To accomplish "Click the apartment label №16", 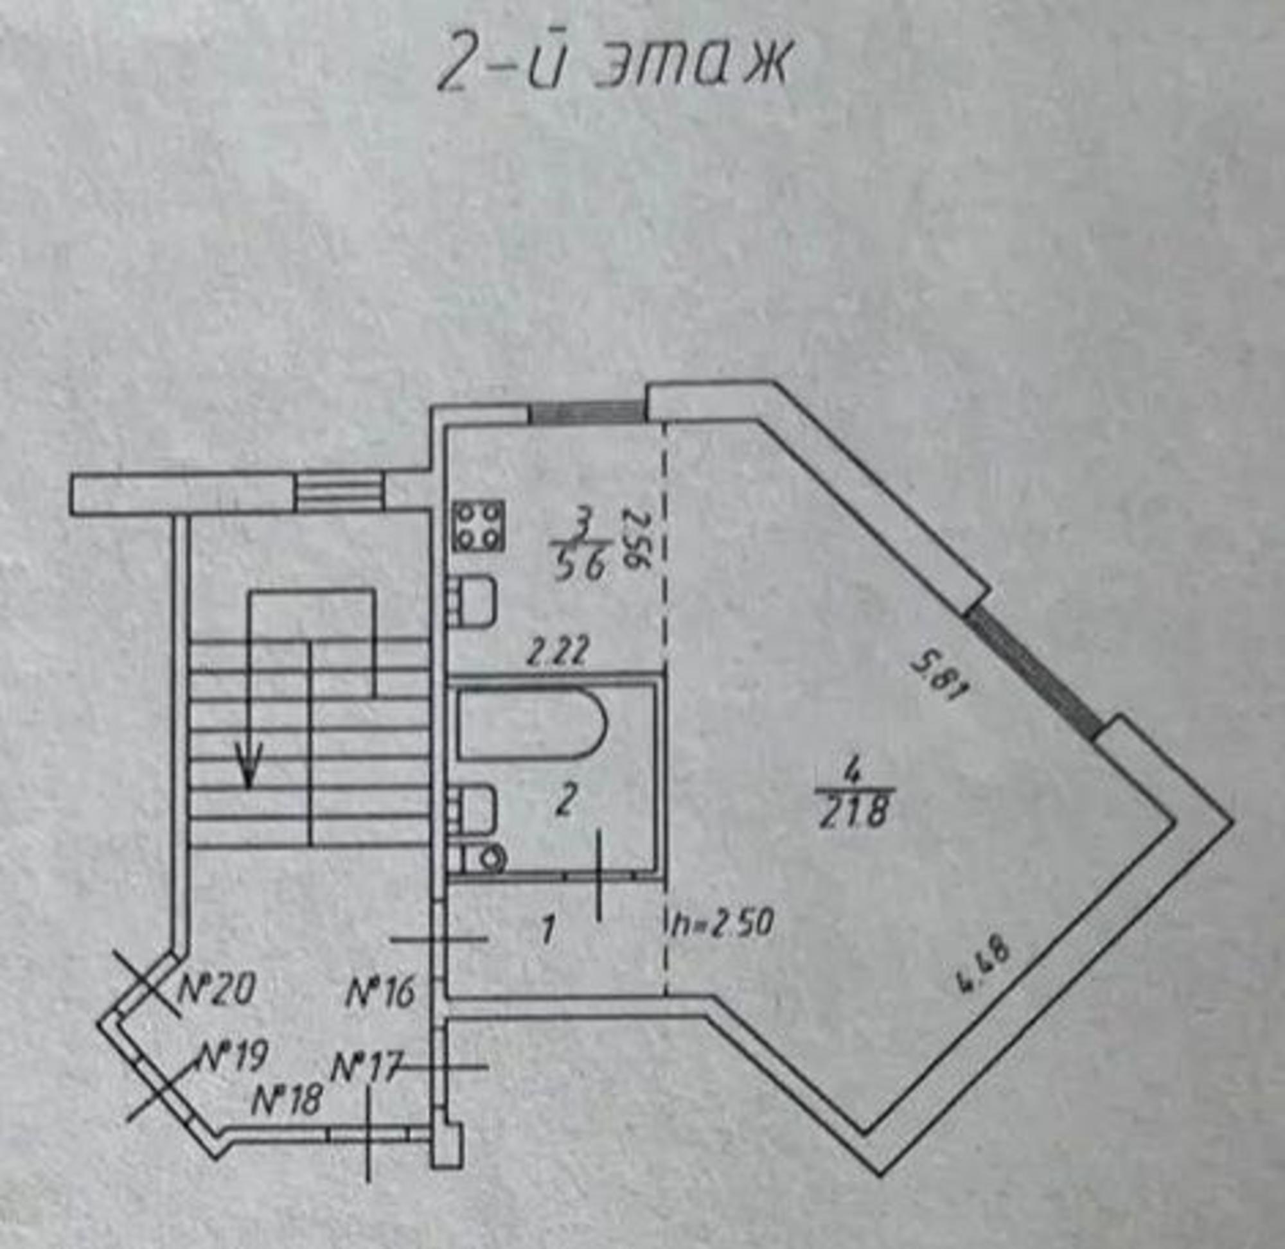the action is [x=380, y=993].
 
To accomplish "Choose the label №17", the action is [x=365, y=1067].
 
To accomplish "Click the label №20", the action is [x=217, y=990].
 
